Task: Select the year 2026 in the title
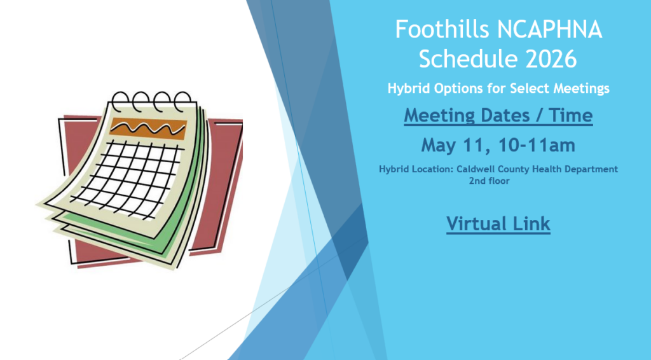[x=551, y=59]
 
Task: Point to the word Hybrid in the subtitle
[x=408, y=88]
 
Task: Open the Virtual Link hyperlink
[x=498, y=224]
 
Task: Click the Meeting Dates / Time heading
[x=498, y=115]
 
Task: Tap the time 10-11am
[x=537, y=145]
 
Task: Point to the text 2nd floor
[x=489, y=181]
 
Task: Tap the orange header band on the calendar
[x=148, y=128]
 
